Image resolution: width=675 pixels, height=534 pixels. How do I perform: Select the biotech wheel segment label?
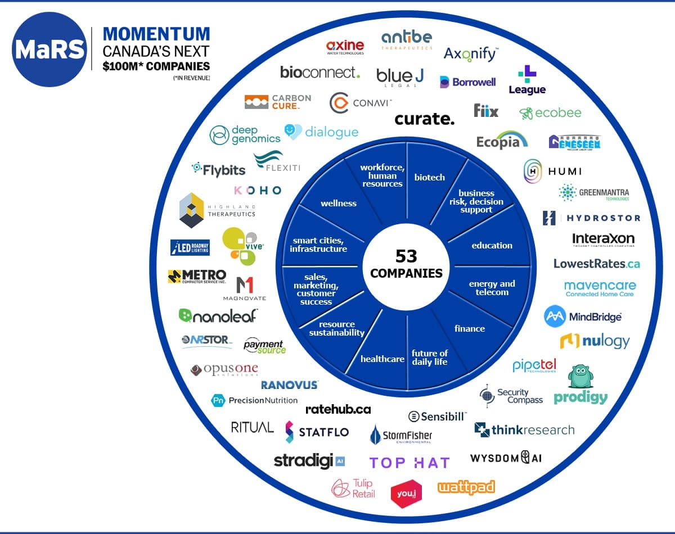pos(429,177)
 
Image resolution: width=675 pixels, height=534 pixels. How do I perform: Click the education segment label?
pos(492,245)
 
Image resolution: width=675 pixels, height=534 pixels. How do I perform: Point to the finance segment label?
pos(469,328)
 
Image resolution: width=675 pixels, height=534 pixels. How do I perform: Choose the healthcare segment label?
pos(382,359)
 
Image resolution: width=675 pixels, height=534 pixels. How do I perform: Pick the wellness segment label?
pos(339,203)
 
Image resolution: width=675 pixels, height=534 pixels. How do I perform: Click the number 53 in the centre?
pos(406,256)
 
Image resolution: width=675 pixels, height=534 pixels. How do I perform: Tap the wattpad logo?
pos(466,487)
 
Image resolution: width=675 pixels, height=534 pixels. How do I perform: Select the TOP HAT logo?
pos(409,463)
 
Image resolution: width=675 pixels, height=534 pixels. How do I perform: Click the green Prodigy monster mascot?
pos(580,377)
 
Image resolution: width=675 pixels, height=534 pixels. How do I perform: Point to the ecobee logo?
pos(550,112)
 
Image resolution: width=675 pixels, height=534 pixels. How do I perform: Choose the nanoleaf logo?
pos(218,316)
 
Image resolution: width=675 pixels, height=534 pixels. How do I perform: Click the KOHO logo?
pos(258,191)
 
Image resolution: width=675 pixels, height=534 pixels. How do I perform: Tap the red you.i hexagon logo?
pos(406,494)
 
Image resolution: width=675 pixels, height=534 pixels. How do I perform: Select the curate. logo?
pos(424,119)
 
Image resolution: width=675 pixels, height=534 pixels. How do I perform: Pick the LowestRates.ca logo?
pos(596,263)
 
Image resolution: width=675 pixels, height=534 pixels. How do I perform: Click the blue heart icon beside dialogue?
pos(293,132)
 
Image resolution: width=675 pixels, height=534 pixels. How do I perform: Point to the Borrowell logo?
pos(467,82)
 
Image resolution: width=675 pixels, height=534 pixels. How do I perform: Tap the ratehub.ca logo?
pos(338,409)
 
